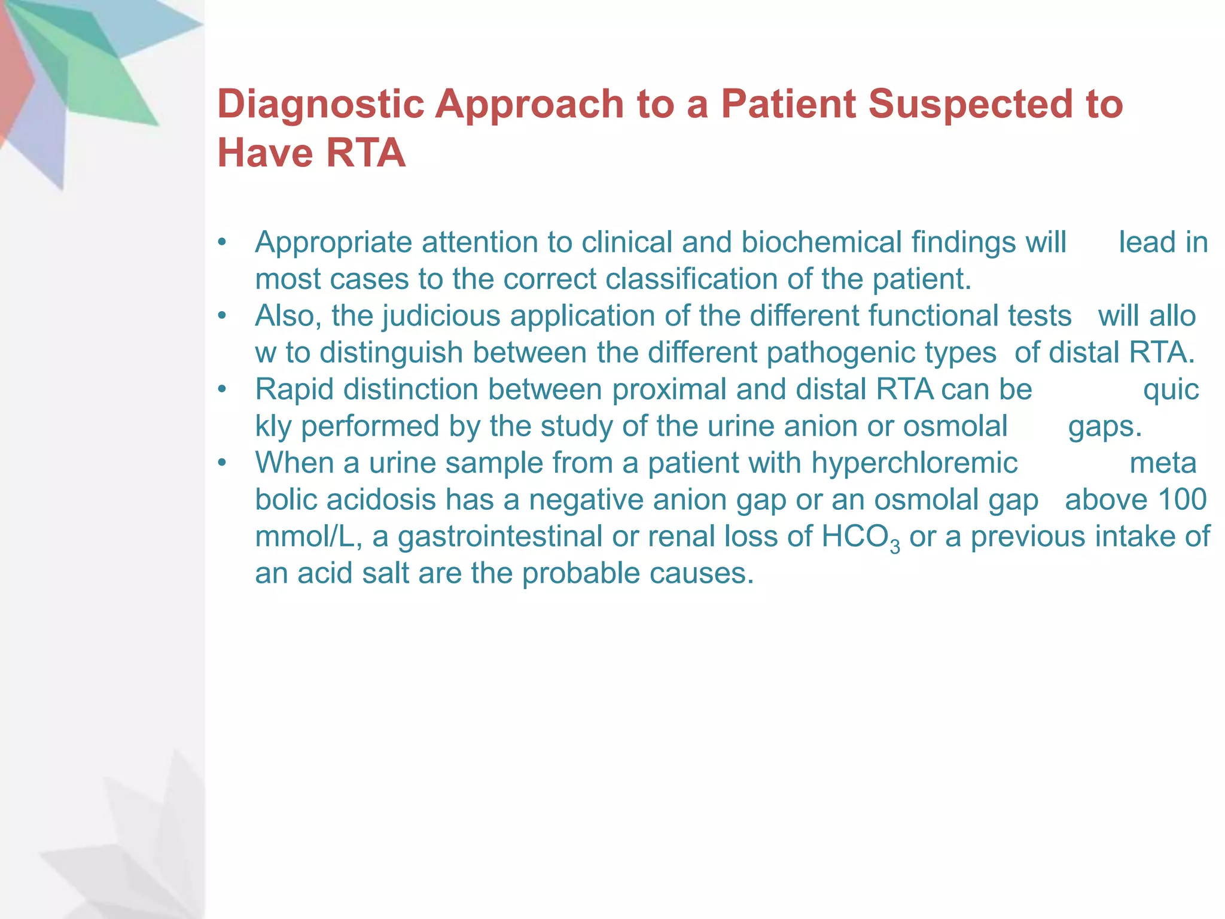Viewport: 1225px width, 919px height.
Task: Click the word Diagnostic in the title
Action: [321, 104]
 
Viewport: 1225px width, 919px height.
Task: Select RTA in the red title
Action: [366, 153]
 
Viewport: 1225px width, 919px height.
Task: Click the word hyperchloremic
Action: [914, 463]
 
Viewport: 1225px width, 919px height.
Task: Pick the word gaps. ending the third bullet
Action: [1105, 427]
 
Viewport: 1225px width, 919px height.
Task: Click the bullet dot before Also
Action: [223, 316]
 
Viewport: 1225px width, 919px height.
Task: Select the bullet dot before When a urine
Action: [223, 463]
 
